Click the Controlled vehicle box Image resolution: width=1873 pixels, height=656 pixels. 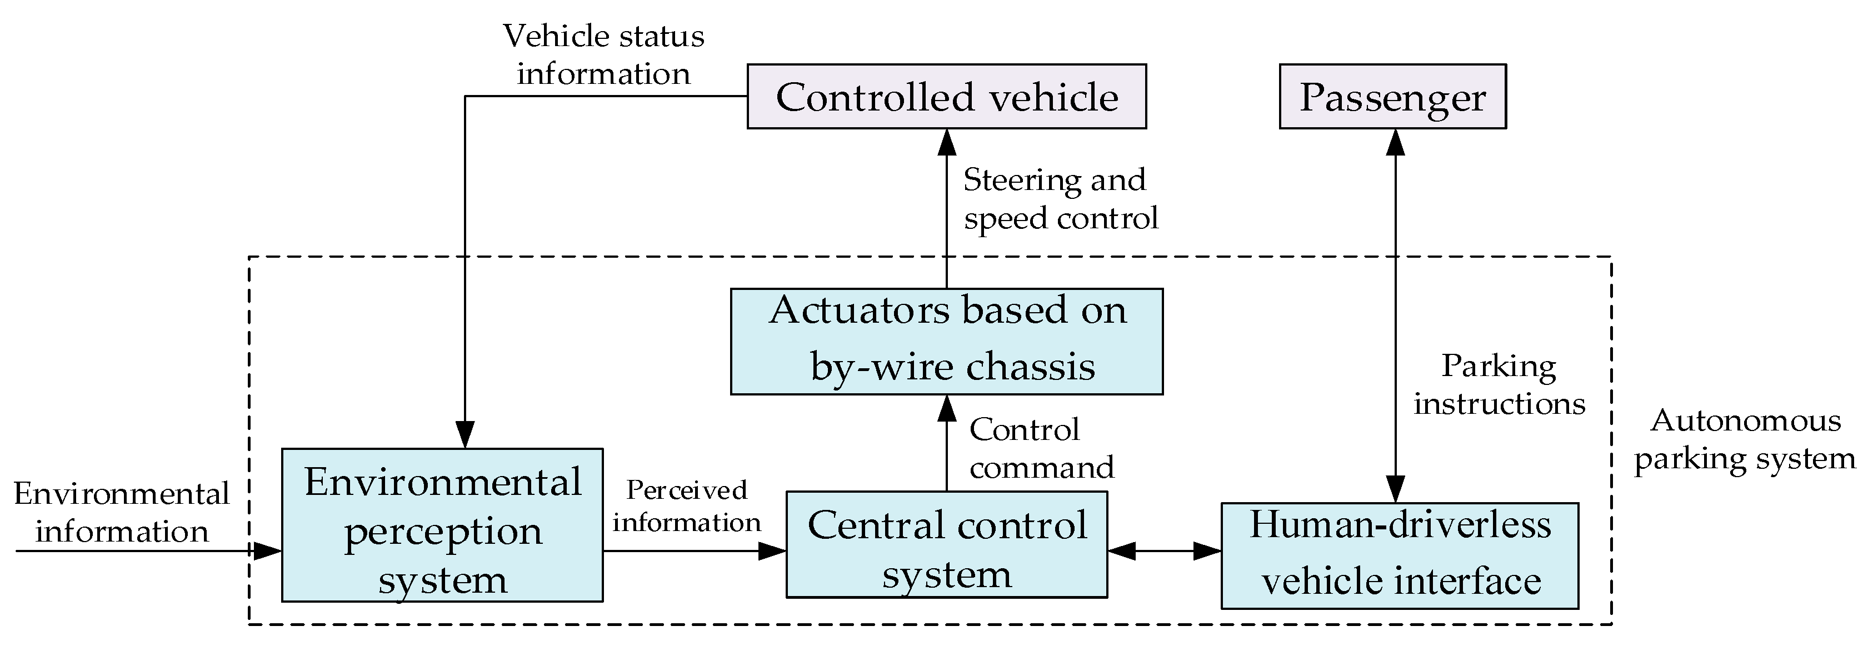[946, 97]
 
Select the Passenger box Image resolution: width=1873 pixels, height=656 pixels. [1392, 97]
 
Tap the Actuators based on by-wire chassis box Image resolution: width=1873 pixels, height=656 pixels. [946, 341]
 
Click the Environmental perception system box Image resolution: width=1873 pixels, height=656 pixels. [442, 524]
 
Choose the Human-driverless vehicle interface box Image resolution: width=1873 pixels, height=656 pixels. [1399, 555]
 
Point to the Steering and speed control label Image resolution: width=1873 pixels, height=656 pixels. [1060, 198]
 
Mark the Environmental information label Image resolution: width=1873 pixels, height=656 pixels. [122, 513]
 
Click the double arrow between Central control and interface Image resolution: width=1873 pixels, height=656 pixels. [1163, 551]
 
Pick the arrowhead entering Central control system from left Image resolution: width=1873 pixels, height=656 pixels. [772, 551]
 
